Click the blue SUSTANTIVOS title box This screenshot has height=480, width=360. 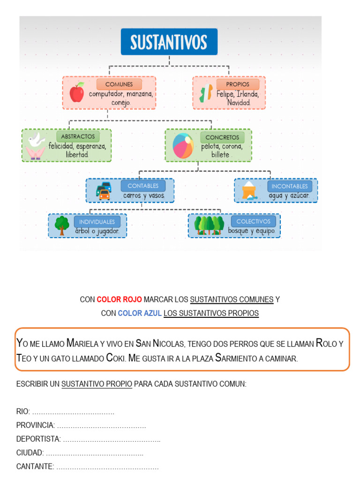169,42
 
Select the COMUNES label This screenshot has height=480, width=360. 119,84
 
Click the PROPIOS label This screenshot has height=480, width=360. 238,84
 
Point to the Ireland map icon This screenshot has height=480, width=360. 205,92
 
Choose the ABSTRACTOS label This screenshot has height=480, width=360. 78,136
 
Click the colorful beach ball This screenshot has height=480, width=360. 183,145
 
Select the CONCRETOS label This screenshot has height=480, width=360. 222,137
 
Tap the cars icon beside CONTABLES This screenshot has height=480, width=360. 104,190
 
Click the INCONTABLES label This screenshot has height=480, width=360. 290,186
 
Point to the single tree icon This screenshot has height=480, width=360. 61,225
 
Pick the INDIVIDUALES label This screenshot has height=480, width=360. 97,222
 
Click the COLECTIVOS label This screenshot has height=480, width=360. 254,221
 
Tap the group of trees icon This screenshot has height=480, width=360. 210,225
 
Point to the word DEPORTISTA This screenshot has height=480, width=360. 38,439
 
